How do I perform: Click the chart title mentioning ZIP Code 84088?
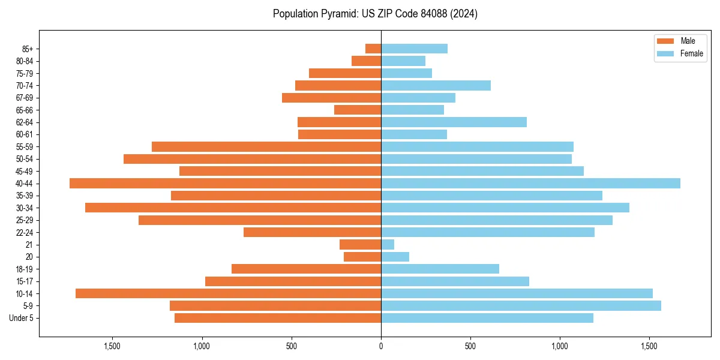tap(375, 14)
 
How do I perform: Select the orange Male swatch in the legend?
tap(665, 41)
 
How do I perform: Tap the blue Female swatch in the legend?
tap(665, 53)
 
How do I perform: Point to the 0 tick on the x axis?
tap(381, 346)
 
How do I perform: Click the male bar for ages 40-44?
tap(225, 184)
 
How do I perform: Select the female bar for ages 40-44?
tap(530, 184)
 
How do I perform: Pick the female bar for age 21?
tap(388, 245)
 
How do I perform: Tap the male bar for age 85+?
tap(373, 49)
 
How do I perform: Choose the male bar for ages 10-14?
tap(228, 293)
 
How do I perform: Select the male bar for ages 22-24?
tap(312, 232)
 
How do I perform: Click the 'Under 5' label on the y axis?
tap(22, 318)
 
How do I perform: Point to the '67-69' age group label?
tap(25, 98)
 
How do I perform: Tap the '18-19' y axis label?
tap(25, 269)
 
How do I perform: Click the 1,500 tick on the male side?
tap(112, 346)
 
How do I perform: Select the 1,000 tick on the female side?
tap(560, 346)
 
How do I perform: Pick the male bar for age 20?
tap(362, 257)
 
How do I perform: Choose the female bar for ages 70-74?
tap(436, 86)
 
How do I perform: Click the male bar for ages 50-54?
tap(252, 159)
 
